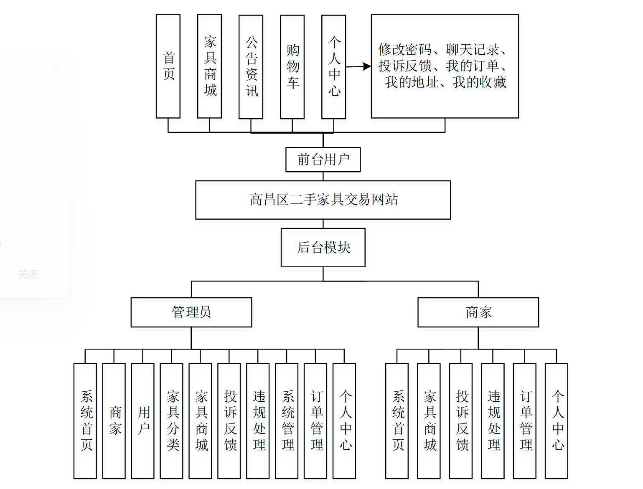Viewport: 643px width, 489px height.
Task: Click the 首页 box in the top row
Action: tap(168, 66)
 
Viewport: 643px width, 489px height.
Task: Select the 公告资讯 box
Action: tap(251, 67)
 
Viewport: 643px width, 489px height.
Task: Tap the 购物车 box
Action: tap(292, 67)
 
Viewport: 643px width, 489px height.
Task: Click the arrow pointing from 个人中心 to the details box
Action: tap(358, 66)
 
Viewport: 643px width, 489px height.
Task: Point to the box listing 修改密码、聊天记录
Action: tap(445, 66)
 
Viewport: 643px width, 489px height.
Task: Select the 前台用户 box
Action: tap(323, 160)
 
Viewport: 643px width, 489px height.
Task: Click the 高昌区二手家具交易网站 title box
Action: tap(323, 200)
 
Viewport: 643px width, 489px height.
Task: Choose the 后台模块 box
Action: tap(323, 248)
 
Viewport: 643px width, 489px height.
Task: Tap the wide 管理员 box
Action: tap(191, 312)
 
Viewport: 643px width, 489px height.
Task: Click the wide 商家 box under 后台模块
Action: tap(478, 312)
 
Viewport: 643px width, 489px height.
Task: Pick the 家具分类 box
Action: tap(171, 421)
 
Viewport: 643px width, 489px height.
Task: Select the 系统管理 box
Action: tap(287, 421)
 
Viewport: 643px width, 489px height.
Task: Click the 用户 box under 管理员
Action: tap(142, 421)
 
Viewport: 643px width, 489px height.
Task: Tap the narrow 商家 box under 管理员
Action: tap(114, 421)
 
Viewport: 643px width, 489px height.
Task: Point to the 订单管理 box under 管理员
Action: tap(315, 421)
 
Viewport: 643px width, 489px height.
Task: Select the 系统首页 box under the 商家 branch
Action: tap(397, 421)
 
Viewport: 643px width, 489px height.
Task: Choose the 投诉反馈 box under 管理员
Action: tap(229, 421)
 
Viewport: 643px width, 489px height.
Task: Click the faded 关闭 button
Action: tap(28, 274)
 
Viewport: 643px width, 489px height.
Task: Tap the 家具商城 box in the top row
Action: tap(209, 66)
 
